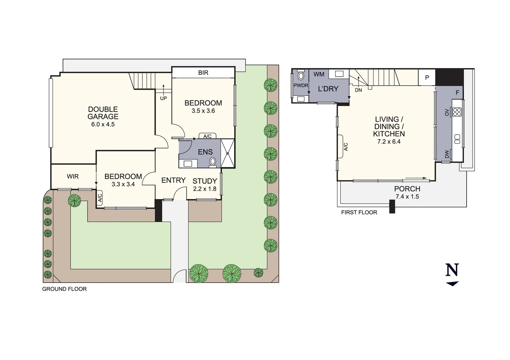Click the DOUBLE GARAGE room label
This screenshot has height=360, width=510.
pos(103,113)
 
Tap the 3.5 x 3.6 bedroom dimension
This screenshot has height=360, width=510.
pos(203,111)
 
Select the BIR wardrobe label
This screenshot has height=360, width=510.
pos(203,73)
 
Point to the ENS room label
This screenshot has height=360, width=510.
pos(205,152)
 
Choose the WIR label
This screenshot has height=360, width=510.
pos(73,176)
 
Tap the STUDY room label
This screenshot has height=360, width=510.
pos(204,181)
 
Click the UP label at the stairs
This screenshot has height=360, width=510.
pos(163,98)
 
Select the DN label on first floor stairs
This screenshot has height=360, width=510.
pos(358,90)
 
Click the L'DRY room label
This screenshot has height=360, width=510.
pos(328,89)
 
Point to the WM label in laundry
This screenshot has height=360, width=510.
pos(319,74)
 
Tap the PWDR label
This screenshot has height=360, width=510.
pos(301,86)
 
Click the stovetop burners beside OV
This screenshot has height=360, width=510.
pos(457,112)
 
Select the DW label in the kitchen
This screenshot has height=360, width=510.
pos(447,154)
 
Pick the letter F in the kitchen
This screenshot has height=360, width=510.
pos(457,93)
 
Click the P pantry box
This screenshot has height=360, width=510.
pos(427,77)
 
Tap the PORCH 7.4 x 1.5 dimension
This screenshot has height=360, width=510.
pos(407,197)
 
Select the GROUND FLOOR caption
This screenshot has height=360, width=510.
pos(64,289)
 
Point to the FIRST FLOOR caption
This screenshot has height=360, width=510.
pos(359,212)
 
